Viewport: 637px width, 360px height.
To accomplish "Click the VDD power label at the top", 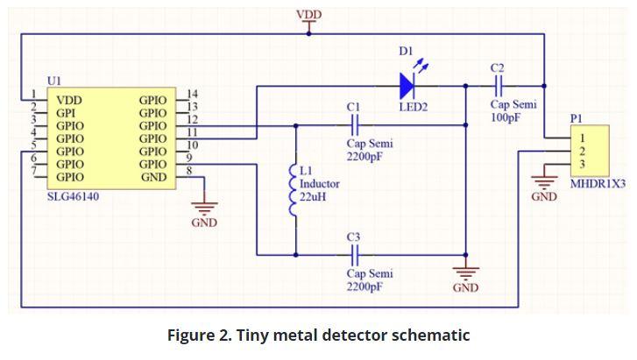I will (308, 15).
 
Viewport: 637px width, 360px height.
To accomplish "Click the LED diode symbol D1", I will (407, 85).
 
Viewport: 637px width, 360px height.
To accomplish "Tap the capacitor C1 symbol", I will (355, 124).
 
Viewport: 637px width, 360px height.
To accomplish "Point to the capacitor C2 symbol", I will (498, 85).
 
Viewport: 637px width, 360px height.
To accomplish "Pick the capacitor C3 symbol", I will (355, 255).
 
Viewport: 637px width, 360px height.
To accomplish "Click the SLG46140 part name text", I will (73, 197).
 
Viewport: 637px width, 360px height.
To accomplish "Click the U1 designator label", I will (54, 81).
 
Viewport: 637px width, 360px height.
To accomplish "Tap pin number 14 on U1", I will (193, 94).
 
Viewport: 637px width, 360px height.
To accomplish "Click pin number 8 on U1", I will (189, 170).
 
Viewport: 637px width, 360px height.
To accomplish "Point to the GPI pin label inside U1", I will (67, 113).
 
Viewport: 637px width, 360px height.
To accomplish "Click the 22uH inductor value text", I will (313, 198).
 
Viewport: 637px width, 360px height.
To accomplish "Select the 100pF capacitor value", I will (506, 117).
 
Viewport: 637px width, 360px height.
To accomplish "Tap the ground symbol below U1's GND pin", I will (205, 208).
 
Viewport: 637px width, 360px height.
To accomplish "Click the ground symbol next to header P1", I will (544, 182).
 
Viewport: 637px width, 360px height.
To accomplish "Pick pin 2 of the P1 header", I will (582, 151).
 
